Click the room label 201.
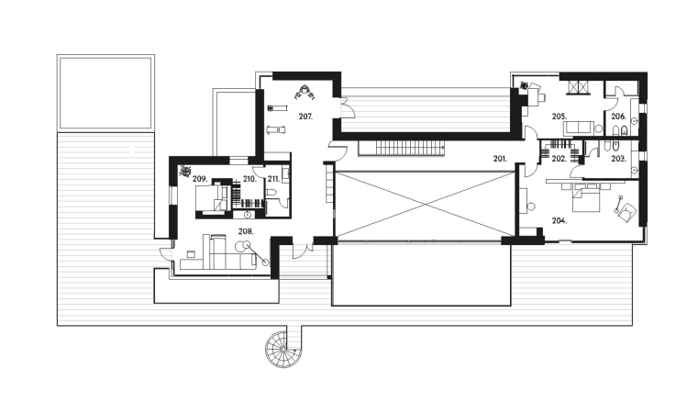tap(500, 159)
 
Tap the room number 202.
tap(560, 159)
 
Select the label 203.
tap(619, 159)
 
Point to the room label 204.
tap(560, 220)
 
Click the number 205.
tap(560, 117)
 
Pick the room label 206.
tap(619, 117)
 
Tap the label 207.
tap(305, 117)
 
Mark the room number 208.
tap(246, 231)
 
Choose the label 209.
tap(200, 179)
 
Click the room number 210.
tap(249, 179)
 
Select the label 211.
tap(273, 179)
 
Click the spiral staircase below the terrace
tap(283, 350)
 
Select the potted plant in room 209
tap(184, 171)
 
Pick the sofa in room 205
tap(579, 128)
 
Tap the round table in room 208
tap(241, 245)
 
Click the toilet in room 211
tap(271, 193)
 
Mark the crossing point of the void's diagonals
tap(426, 205)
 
